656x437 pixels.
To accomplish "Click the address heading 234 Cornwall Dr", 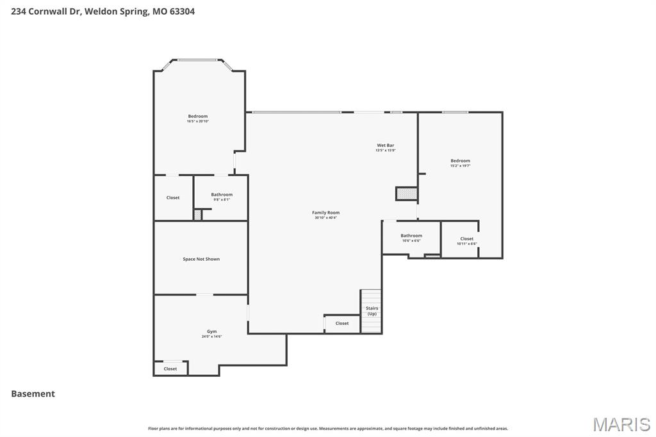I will [x=102, y=11].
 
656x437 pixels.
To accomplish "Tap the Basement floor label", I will [x=33, y=394].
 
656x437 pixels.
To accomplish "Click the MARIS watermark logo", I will [x=621, y=424].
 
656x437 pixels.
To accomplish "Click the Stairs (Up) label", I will [x=372, y=311].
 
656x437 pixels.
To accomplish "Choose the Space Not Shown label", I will [x=201, y=259].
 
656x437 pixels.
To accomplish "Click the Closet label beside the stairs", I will [x=342, y=324].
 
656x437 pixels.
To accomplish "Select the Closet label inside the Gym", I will [x=170, y=369].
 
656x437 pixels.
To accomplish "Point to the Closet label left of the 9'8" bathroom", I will [x=173, y=198].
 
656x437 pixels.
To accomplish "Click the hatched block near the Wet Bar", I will [x=406, y=194].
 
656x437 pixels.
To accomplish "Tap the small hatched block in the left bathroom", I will [x=198, y=215].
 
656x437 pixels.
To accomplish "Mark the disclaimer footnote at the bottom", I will [x=328, y=429].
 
